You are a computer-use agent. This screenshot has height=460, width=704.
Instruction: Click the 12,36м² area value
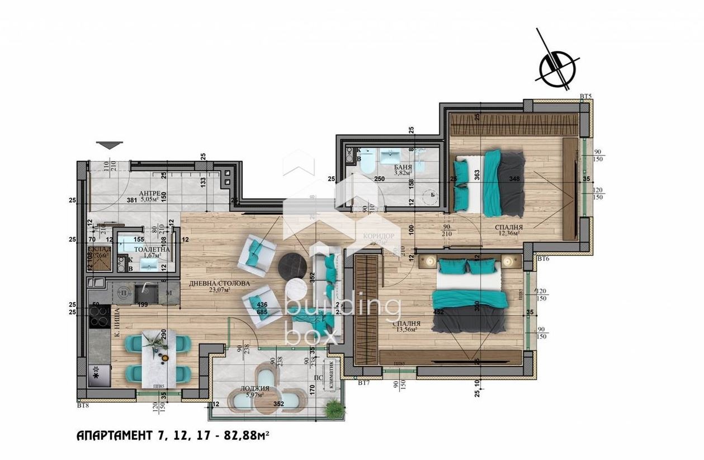coord(508,233)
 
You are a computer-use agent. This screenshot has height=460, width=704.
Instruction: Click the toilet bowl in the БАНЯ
coord(367,164)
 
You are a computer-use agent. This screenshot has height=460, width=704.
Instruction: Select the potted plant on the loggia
coord(334,406)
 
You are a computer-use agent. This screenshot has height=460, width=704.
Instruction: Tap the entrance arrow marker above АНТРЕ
coord(108,145)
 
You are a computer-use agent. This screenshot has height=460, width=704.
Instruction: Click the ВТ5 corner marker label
coord(585,97)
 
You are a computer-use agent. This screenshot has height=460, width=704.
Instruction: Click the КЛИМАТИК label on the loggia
coord(332,374)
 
